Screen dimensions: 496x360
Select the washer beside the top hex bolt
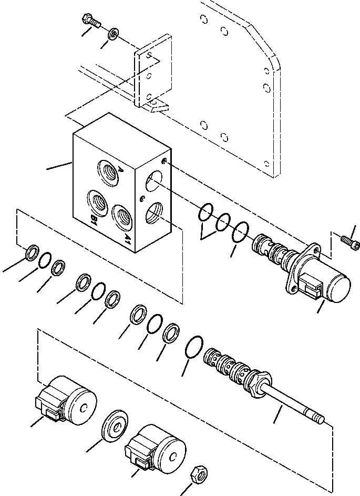coord(112,35)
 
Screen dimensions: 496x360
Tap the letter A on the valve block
coord(120,169)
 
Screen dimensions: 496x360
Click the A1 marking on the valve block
coord(128,239)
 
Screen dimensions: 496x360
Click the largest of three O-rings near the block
coord(241,231)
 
